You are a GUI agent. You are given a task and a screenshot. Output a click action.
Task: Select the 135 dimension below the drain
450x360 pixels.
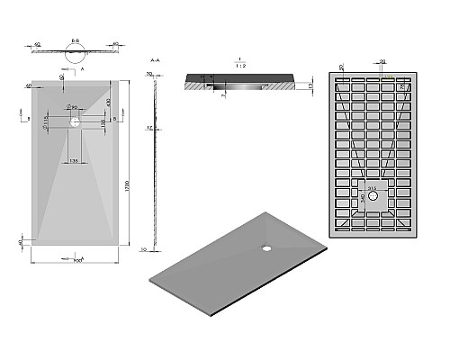pos(75,159)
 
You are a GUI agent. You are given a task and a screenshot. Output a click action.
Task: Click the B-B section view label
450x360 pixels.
pos(75,41)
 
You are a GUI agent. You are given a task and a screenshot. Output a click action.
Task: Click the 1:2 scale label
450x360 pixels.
pos(237,64)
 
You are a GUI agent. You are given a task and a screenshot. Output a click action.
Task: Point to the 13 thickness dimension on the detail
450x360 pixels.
pos(309,86)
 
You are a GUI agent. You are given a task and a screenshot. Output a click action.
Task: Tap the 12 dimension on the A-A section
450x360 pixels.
pos(150,128)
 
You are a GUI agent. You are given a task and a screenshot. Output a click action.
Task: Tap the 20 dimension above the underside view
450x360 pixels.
pos(382,61)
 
